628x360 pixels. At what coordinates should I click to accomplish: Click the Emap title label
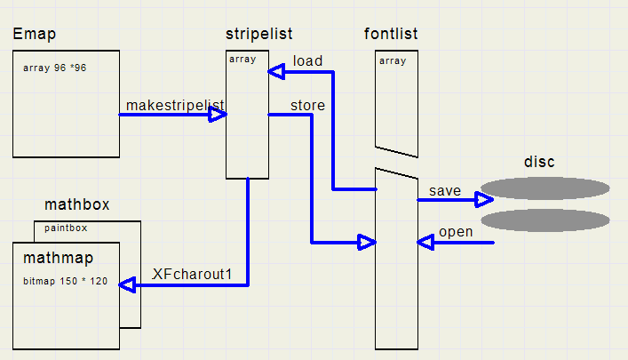[x=35, y=35]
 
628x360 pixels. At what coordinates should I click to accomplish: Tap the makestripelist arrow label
[x=175, y=106]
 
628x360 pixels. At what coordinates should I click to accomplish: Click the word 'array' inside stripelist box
[x=242, y=60]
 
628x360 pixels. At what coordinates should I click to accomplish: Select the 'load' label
[x=307, y=60]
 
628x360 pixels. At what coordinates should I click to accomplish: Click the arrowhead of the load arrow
[x=278, y=70]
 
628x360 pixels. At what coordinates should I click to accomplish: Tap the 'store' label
[x=307, y=105]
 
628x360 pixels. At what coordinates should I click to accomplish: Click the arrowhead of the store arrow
[x=366, y=242]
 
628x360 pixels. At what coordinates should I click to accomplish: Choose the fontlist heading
[x=391, y=35]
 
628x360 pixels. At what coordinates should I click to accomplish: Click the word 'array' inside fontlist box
[x=393, y=61]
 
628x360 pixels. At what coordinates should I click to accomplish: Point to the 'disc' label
[x=539, y=162]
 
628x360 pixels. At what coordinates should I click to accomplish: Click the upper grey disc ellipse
[x=545, y=188]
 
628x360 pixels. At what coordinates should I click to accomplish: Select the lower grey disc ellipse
[x=545, y=220]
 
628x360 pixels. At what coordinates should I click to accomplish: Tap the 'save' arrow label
[x=444, y=190]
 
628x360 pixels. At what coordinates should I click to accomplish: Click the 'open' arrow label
[x=456, y=233]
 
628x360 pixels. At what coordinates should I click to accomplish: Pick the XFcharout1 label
[x=192, y=274]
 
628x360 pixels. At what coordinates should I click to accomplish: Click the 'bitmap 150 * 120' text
[x=65, y=281]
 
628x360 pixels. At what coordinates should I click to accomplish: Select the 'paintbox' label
[x=66, y=228]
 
